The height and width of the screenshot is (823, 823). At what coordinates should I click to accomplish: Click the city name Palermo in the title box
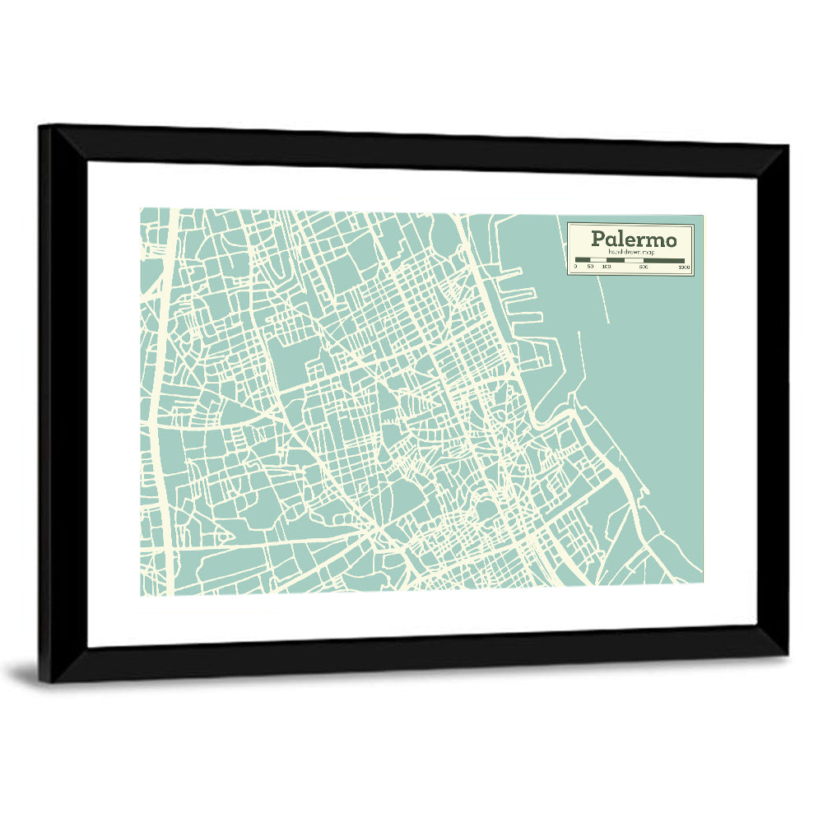coord(634,239)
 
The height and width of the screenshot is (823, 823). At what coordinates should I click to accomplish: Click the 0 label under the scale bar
coord(576,267)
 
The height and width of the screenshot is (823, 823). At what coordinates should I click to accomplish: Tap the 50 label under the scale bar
coord(590,267)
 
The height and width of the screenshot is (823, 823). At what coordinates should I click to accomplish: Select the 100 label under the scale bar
coord(607,267)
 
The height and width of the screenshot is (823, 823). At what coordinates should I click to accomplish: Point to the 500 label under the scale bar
coord(644,267)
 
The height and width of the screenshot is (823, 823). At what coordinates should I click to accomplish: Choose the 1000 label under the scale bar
coord(684,267)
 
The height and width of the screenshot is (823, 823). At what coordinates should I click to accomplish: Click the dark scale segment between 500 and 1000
coord(664,261)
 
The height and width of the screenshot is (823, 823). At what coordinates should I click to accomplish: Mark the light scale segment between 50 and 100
coord(597,261)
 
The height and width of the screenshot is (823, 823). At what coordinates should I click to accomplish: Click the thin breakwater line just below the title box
coord(605,300)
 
